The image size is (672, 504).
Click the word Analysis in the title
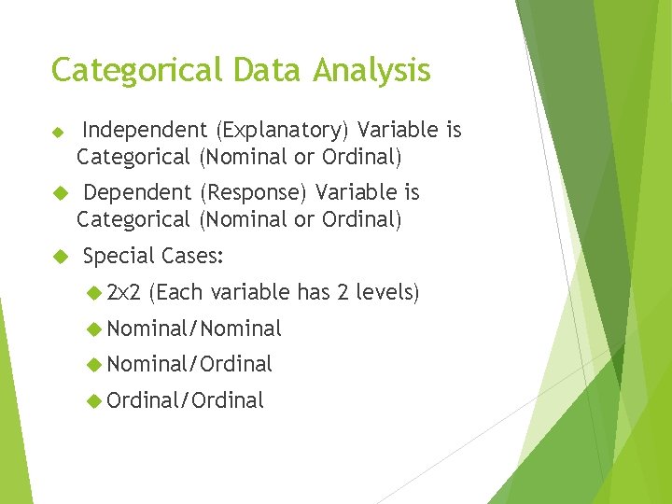[x=372, y=71]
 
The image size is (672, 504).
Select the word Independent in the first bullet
[x=145, y=131]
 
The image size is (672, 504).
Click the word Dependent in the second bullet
[x=137, y=193]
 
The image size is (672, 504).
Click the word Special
[x=119, y=256]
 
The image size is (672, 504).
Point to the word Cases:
[x=192, y=256]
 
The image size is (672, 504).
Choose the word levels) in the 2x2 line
[x=387, y=293]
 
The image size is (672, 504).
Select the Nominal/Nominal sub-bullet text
[x=194, y=329]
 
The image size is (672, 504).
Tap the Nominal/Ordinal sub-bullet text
[x=189, y=364]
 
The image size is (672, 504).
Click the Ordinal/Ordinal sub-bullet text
[x=186, y=400]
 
